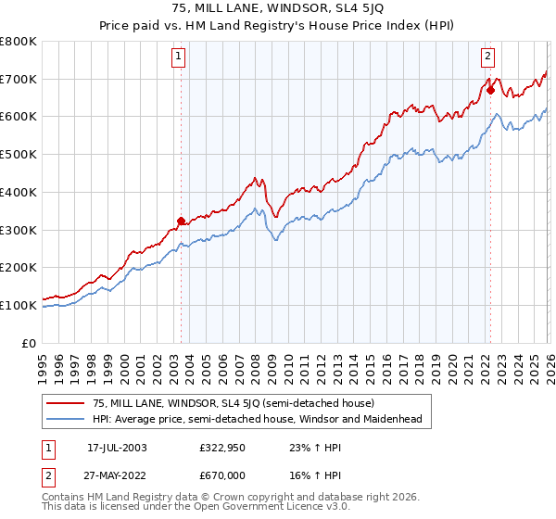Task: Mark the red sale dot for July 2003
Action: (181, 221)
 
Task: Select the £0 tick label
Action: (30, 343)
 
